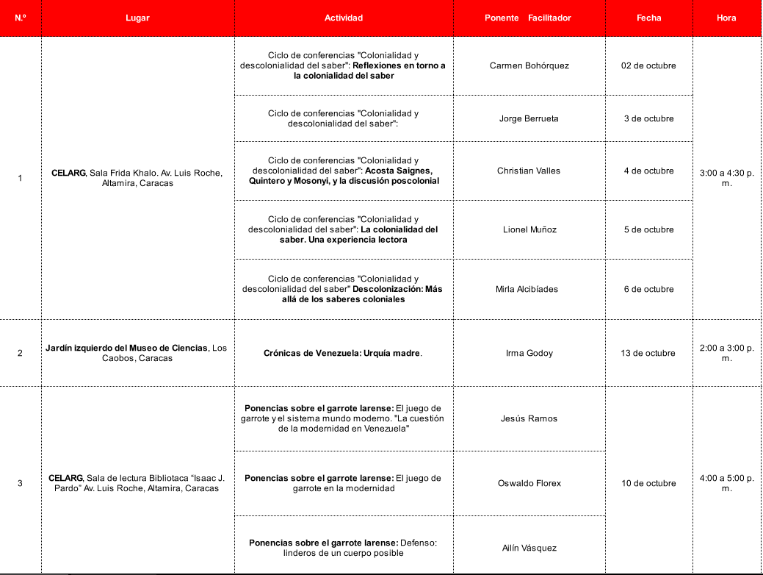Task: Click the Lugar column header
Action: coord(137,18)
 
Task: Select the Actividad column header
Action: coord(344,18)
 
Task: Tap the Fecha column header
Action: coord(648,18)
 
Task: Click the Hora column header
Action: coord(726,18)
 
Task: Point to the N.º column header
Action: coord(21,18)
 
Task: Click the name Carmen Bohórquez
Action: coord(529,65)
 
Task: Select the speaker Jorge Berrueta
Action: coord(529,118)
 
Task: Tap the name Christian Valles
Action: coord(529,171)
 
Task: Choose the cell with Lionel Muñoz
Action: coord(529,229)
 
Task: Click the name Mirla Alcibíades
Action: coord(529,289)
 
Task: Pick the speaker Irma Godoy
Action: coord(529,353)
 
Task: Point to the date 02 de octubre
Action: coord(648,65)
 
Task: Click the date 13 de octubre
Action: coord(648,353)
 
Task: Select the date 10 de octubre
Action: coord(648,483)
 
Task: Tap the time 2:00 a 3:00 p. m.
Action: coord(726,353)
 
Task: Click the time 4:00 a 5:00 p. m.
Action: coord(726,483)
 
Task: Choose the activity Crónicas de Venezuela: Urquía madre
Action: coord(343,353)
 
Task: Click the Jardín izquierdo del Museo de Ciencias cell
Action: coord(137,353)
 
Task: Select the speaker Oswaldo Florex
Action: coord(529,483)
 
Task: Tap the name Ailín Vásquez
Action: coord(529,548)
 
